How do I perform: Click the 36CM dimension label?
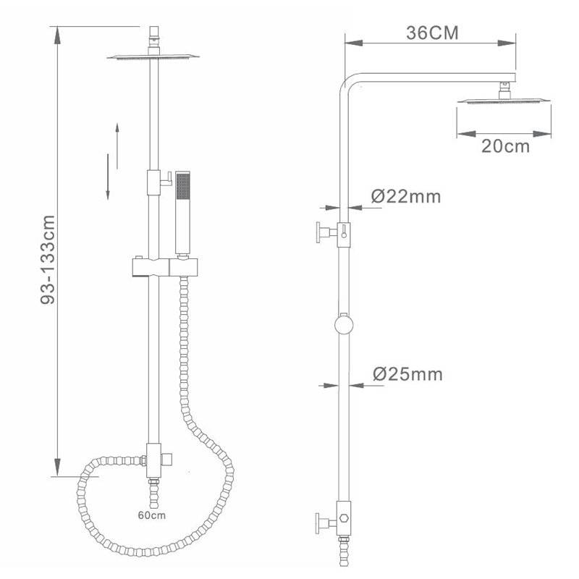point(432,33)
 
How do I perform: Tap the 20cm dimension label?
point(505,146)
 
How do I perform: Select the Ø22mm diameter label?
point(406,196)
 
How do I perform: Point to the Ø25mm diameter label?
point(407,374)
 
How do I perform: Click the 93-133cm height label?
point(48,260)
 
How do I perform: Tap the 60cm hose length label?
point(152,515)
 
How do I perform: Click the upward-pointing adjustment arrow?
point(117,146)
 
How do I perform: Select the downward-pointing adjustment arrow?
point(108,177)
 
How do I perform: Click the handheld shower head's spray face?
point(183,187)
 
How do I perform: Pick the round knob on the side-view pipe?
point(344,325)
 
